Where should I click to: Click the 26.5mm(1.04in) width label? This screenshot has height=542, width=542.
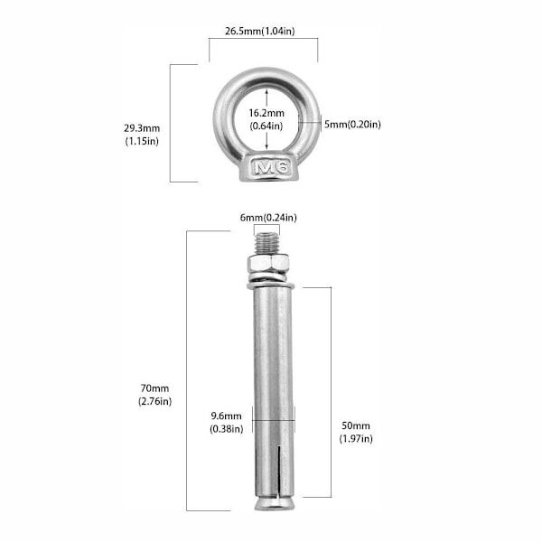pos(260,31)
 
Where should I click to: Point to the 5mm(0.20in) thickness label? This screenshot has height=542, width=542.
pos(352,124)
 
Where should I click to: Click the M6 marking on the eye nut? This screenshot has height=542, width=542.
pos(271,167)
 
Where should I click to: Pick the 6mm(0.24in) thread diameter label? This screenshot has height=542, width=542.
pos(268,218)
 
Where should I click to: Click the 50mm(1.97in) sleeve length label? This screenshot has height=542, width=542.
pos(356,432)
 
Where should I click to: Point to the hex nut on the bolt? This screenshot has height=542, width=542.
pos(268,264)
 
